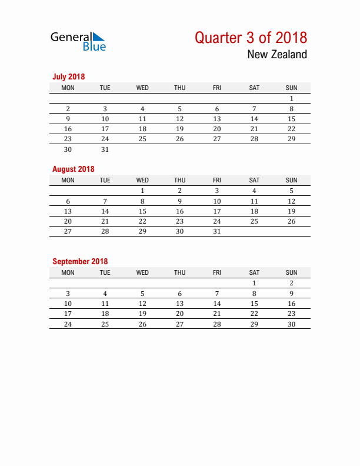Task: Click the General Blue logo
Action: click(78, 41)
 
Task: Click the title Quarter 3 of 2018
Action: click(251, 38)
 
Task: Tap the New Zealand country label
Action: click(277, 55)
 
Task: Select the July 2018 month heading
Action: click(69, 76)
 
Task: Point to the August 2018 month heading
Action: click(73, 169)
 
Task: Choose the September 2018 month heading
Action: click(80, 261)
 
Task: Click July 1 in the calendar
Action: click(291, 98)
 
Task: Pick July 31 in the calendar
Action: click(105, 149)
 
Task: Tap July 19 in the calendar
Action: click(180, 129)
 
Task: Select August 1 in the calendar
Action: click(142, 191)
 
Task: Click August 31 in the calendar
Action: click(217, 231)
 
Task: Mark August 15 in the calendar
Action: click(142, 211)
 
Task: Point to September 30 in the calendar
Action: click(291, 324)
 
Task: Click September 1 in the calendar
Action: click(254, 283)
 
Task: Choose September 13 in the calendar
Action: click(180, 304)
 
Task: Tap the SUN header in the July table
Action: click(291, 88)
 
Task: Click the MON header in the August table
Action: click(68, 180)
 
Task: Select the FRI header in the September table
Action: click(217, 272)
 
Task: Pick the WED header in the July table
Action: click(142, 88)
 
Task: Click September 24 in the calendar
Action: click(68, 324)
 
